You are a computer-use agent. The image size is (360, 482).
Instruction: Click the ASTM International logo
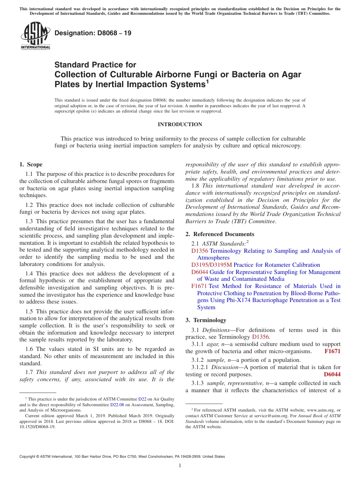[x=35, y=36]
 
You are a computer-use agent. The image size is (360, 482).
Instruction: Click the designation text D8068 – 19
[x=93, y=33]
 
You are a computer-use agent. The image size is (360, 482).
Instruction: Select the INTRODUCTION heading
[x=180, y=124]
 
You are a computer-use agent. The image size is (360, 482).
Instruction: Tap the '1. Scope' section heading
[x=31, y=164]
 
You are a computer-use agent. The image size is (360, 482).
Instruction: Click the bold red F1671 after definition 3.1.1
[x=332, y=351]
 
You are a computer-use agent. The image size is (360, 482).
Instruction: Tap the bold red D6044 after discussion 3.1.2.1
[x=332, y=374]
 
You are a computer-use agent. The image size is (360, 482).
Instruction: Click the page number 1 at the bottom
[x=180, y=466]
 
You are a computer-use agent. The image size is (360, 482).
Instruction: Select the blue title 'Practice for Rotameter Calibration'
[x=277, y=265]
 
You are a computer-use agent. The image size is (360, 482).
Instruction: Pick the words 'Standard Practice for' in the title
[x=95, y=65]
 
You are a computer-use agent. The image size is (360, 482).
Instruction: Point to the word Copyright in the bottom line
[x=29, y=457]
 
